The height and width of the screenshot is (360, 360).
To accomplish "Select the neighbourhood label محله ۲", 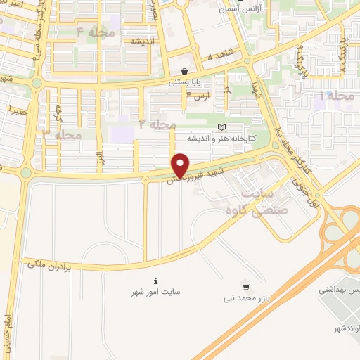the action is tap(156, 124).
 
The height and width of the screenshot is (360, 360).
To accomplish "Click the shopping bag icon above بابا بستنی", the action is tap(184, 70).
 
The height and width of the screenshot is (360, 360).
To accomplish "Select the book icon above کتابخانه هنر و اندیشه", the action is tap(223, 127).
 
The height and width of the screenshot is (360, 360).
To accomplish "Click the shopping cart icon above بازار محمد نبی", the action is tap(245, 287).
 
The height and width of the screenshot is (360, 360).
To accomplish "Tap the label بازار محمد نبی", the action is tap(245, 298).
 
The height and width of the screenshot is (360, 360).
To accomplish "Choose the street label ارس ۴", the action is tap(202, 96).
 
